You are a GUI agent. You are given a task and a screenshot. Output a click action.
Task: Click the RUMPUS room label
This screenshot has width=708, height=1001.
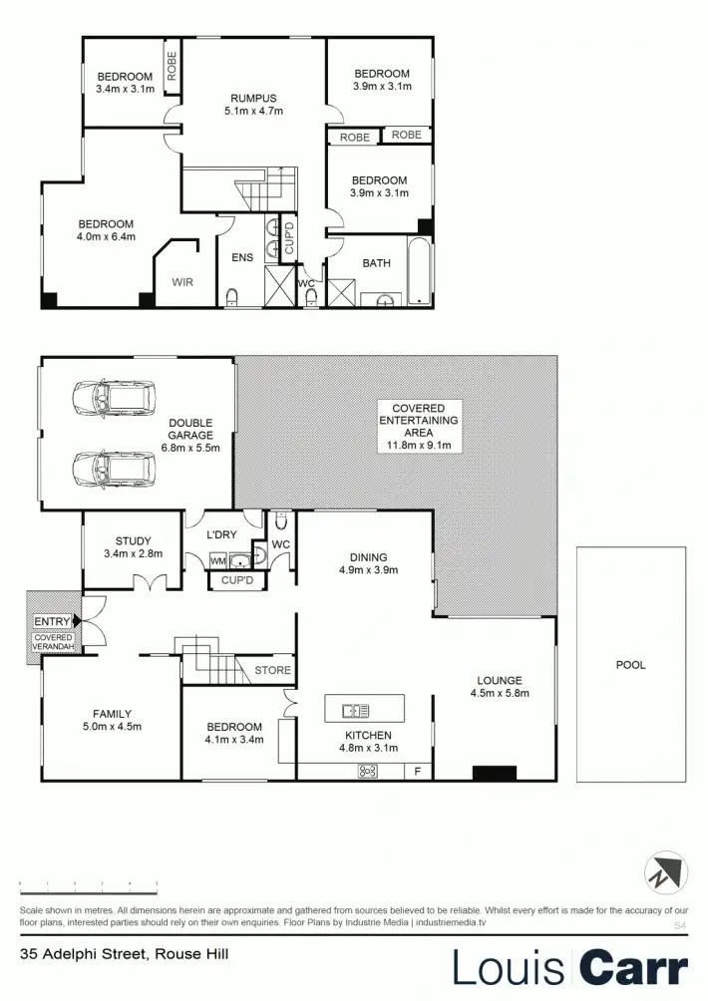pyautogui.click(x=253, y=98)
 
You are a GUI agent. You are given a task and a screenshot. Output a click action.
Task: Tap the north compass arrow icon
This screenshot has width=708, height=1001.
pyautogui.click(x=664, y=873)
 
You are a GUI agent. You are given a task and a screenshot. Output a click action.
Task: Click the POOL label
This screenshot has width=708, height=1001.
pyautogui.click(x=630, y=665)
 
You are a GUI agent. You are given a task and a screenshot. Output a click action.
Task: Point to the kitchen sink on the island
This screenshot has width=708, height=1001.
pyautogui.click(x=355, y=711)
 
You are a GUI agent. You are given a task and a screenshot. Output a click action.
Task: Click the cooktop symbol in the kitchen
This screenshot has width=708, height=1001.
pyautogui.click(x=367, y=770)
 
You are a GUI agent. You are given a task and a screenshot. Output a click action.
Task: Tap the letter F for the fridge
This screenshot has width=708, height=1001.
pyautogui.click(x=417, y=771)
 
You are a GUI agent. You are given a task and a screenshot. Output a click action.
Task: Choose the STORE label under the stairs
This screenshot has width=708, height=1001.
pyautogui.click(x=272, y=670)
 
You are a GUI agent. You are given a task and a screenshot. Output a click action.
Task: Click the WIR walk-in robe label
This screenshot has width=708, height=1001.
pyautogui.click(x=182, y=282)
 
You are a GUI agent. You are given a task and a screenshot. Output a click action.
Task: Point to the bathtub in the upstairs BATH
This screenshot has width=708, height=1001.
pyautogui.click(x=418, y=270)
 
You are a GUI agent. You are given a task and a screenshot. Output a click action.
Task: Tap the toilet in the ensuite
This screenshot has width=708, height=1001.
pyautogui.click(x=232, y=295)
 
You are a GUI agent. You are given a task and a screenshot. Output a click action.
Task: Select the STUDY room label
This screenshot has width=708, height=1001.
pyautogui.click(x=133, y=541)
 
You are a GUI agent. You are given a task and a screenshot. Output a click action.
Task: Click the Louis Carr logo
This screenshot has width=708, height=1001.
pyautogui.click(x=570, y=968)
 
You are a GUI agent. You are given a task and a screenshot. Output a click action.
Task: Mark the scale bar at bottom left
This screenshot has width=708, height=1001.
pyautogui.click(x=89, y=884)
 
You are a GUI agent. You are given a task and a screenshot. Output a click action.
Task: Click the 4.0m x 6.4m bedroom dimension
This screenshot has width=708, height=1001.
pyautogui.click(x=106, y=237)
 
